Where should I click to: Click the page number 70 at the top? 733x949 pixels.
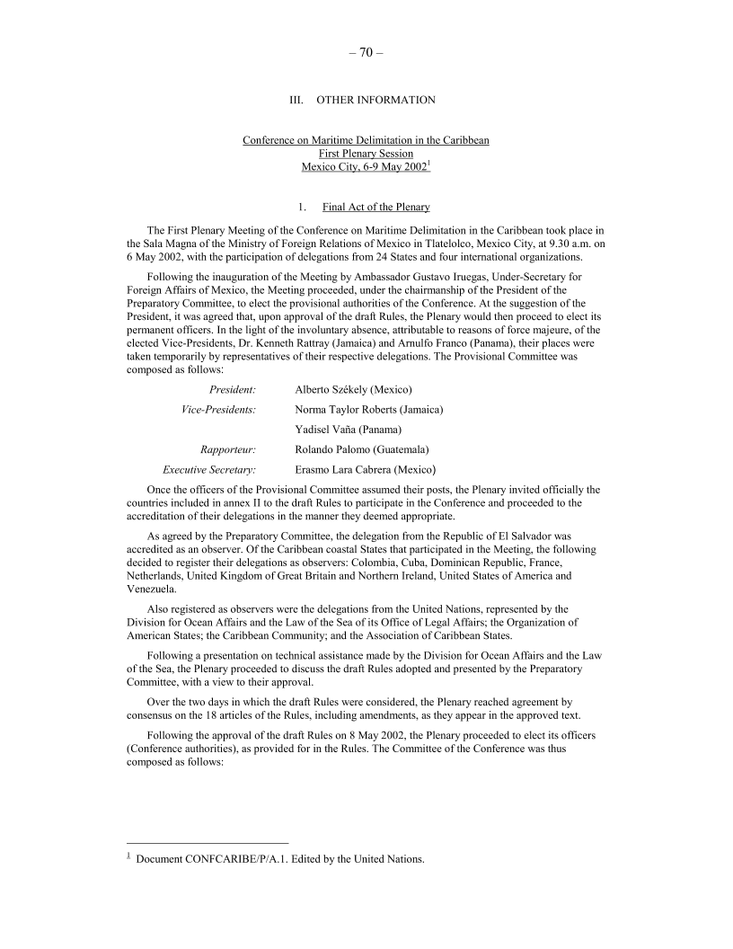[366, 52]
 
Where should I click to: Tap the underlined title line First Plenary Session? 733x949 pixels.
[366, 154]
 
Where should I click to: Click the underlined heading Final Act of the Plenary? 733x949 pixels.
[375, 208]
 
